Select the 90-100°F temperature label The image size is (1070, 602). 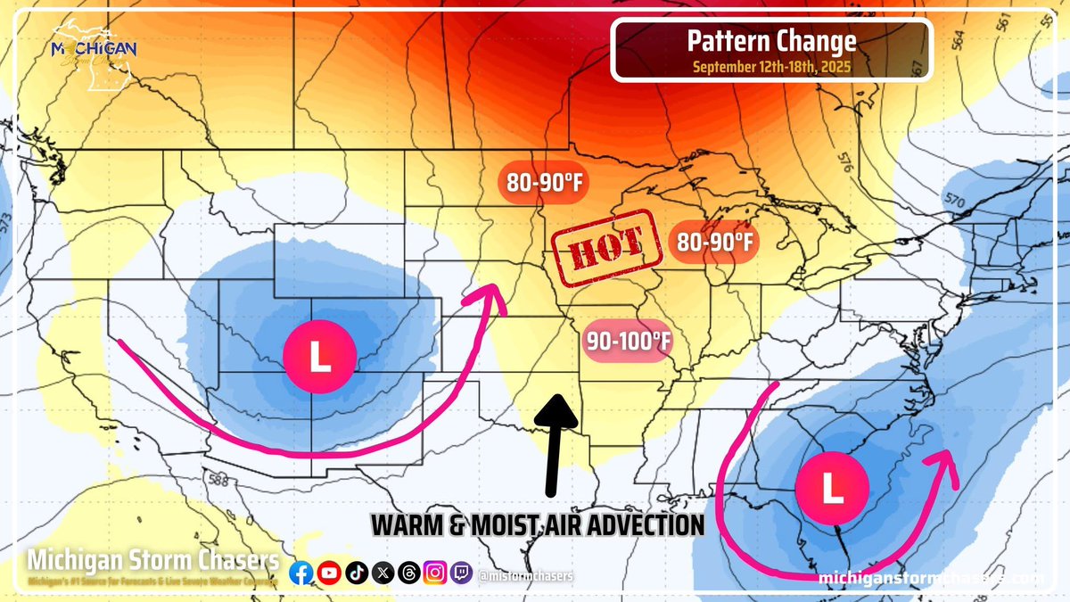point(628,340)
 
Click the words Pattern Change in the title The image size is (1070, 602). point(772,41)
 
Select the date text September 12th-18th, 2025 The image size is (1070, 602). point(771,66)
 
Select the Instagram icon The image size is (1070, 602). point(434,573)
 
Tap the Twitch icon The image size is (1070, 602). point(461,573)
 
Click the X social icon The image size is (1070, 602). point(382,573)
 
